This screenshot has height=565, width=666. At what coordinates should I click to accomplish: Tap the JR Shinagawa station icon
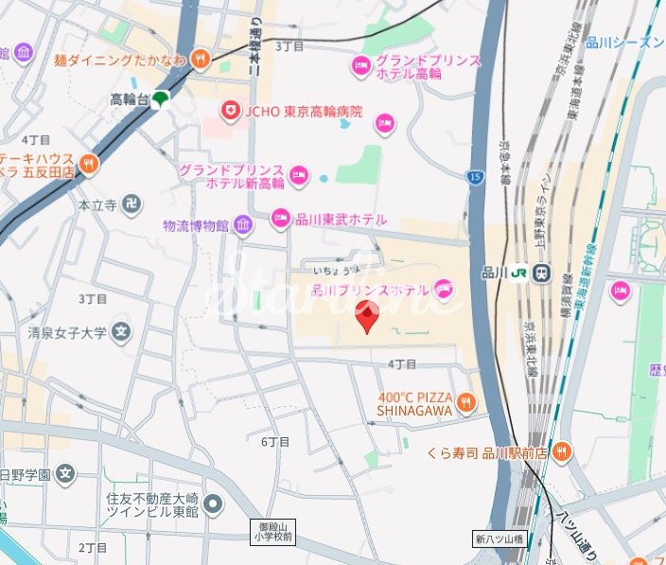pyautogui.click(x=541, y=273)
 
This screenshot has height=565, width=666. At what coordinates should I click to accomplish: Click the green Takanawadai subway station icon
pyautogui.click(x=162, y=98)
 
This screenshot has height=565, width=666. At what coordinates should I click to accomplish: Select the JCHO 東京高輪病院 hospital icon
pyautogui.click(x=229, y=112)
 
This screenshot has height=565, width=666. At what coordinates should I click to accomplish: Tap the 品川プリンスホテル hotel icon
pyautogui.click(x=444, y=289)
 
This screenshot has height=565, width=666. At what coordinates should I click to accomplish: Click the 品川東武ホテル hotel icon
pyautogui.click(x=281, y=219)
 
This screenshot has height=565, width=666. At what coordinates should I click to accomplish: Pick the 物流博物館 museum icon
pyautogui.click(x=244, y=225)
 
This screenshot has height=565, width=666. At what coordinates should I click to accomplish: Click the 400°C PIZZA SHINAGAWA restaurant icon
pyautogui.click(x=465, y=405)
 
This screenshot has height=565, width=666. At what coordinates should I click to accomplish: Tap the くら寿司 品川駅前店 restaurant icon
pyautogui.click(x=563, y=452)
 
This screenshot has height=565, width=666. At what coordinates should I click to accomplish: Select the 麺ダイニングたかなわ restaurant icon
pyautogui.click(x=200, y=60)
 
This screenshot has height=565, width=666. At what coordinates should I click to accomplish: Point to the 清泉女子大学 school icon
pyautogui.click(x=121, y=331)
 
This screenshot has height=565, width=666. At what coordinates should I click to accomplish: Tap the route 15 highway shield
pyautogui.click(x=473, y=176)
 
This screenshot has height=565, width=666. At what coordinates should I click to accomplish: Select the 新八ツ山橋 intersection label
pyautogui.click(x=498, y=539)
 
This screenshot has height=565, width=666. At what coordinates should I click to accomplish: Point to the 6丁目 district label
pyautogui.click(x=274, y=442)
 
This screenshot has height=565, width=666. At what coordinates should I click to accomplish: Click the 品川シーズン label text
pyautogui.click(x=624, y=42)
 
